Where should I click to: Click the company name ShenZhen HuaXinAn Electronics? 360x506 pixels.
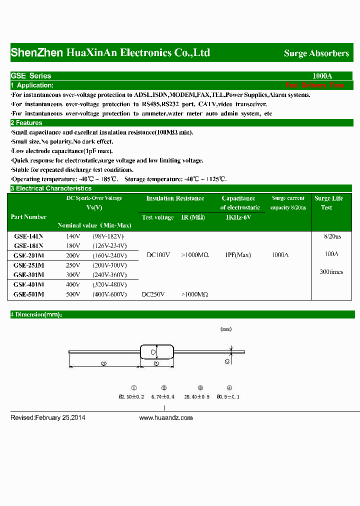click(110, 53)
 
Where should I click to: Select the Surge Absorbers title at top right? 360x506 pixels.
click(316, 53)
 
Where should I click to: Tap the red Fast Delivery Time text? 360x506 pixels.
click(314, 85)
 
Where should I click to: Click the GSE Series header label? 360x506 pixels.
click(31, 76)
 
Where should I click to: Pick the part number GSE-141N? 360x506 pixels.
click(28, 236)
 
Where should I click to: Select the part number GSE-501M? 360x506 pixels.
click(28, 294)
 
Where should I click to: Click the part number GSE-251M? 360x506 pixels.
click(28, 265)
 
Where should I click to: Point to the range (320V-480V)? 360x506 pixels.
click(109, 284)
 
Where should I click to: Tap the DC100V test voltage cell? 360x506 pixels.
click(158, 255)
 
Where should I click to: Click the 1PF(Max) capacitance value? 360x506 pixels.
click(238, 255)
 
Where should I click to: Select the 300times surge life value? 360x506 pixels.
click(331, 272)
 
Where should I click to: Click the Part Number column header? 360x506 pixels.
click(28, 217)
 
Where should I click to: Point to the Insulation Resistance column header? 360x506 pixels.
click(175, 198)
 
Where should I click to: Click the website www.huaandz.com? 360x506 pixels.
click(165, 418)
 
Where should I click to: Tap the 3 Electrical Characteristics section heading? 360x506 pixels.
click(51, 188)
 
